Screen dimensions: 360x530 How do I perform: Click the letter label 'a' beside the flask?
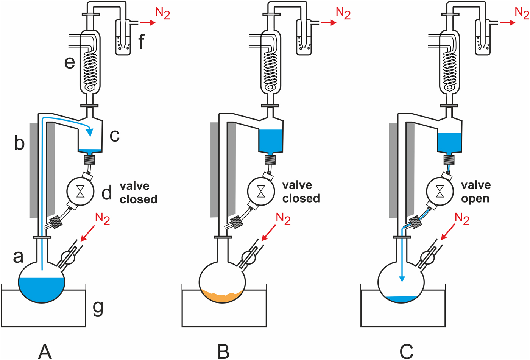[18, 256]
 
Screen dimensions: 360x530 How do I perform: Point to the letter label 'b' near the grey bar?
[19, 143]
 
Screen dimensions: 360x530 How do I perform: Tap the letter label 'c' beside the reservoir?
[115, 136]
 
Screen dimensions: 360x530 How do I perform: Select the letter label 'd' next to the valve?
[107, 193]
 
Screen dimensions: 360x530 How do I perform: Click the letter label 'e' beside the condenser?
[70, 62]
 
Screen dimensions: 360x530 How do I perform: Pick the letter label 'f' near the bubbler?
[141, 41]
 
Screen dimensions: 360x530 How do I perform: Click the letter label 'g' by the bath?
[98, 308]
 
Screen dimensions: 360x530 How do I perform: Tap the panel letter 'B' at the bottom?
[223, 351]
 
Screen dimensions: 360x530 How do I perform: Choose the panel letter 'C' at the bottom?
[406, 351]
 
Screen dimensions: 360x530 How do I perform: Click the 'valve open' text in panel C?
[475, 192]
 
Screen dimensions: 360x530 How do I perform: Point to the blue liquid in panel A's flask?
[42, 290]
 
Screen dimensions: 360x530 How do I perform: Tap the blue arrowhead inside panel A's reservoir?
[90, 131]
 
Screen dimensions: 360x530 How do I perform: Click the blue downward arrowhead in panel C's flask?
[402, 279]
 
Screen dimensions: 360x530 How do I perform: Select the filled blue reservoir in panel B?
[271, 140]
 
